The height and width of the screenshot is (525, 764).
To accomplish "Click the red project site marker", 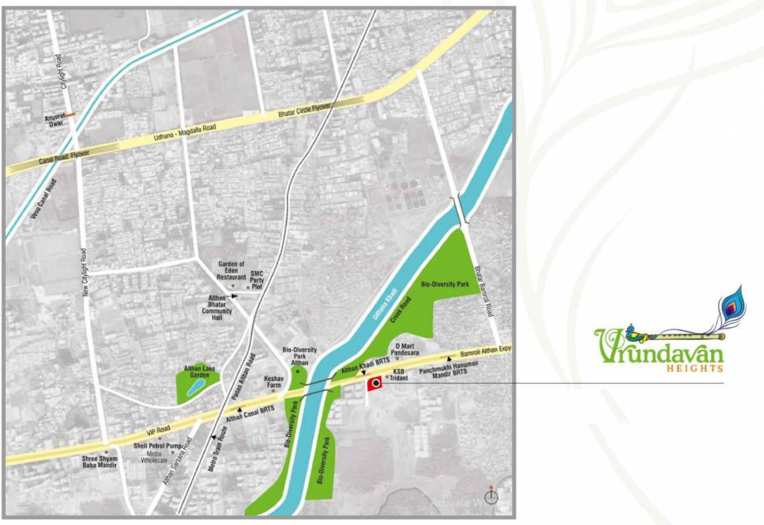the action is coord(374,384).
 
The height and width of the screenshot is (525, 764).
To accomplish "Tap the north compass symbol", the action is coord(491,497).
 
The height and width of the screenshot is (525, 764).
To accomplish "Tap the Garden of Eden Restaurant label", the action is coord(231,271).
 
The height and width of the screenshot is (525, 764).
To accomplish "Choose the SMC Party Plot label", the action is coord(257,280).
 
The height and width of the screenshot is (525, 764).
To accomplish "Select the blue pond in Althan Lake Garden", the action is coord(194,389).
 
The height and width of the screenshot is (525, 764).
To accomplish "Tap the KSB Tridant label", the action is coord(399,375).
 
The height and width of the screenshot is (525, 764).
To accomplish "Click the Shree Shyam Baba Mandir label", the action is coord(100,461).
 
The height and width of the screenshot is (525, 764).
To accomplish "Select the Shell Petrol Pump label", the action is coord(157,446).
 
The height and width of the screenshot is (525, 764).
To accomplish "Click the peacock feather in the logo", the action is coord(730,307).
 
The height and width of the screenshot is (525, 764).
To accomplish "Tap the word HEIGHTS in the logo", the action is coord(695,368).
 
